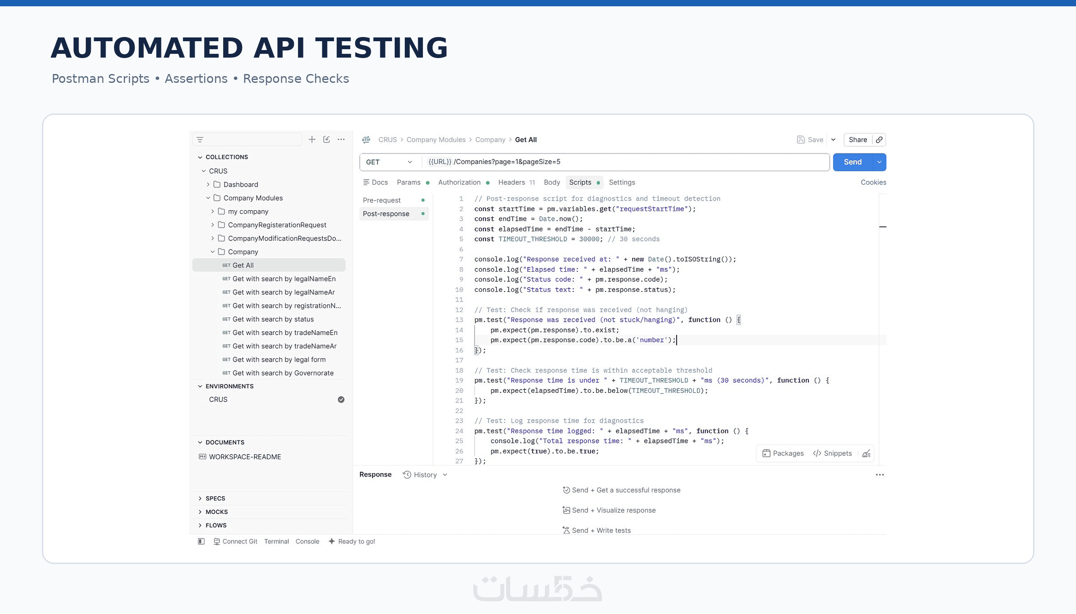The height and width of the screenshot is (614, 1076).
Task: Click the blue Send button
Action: [852, 162]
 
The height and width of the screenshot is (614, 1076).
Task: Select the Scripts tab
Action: [580, 182]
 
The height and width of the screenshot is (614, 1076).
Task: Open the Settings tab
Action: [622, 182]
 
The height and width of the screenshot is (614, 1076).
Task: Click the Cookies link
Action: [873, 182]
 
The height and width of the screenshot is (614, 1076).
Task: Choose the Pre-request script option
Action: [381, 200]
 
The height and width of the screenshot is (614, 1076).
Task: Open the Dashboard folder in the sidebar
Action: [241, 184]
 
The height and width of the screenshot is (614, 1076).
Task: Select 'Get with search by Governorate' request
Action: [283, 373]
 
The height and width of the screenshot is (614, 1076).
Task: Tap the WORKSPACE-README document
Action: [245, 457]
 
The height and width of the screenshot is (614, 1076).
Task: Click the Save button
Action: [810, 140]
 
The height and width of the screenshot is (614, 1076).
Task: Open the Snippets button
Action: [832, 453]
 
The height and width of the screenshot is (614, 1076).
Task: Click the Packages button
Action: [783, 453]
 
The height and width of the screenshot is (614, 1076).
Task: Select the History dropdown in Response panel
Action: [425, 475]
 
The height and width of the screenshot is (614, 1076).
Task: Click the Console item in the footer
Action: [307, 542]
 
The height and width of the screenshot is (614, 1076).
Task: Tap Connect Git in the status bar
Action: [236, 542]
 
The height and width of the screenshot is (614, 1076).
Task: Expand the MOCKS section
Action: [216, 512]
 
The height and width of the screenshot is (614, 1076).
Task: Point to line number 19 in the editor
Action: [459, 380]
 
